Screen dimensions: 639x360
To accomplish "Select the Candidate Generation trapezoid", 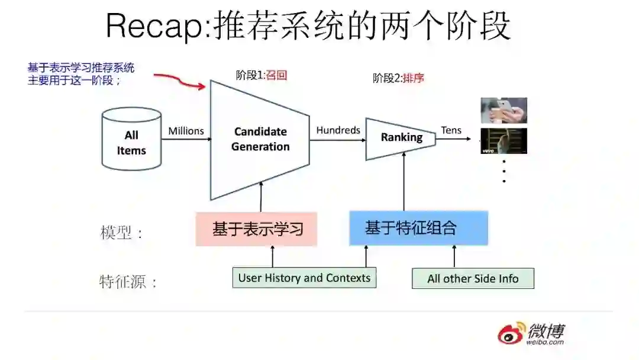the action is [x=260, y=140].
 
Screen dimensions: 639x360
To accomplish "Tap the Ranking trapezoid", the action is [x=401, y=138].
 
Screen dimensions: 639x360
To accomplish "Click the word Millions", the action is [x=186, y=131].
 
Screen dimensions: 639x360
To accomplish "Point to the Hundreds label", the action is [x=338, y=130].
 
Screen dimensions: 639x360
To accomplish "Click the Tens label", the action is [x=451, y=130].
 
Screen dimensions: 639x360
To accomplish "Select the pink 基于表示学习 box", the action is [x=256, y=229].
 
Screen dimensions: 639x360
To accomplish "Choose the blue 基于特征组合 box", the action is [x=418, y=228].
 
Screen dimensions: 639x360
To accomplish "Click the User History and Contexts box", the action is [x=304, y=278].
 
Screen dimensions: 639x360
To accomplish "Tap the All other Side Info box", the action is [x=473, y=278].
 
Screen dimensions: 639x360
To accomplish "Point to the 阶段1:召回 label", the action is [x=261, y=75].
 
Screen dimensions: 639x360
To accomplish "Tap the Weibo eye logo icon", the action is [x=511, y=334].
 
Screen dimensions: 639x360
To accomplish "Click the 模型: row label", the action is [x=121, y=233].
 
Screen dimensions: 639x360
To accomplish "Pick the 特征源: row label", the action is [x=128, y=281].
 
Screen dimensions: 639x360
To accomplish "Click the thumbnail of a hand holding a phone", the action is [x=504, y=110].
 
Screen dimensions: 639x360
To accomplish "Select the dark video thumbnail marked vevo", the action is [x=504, y=141].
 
